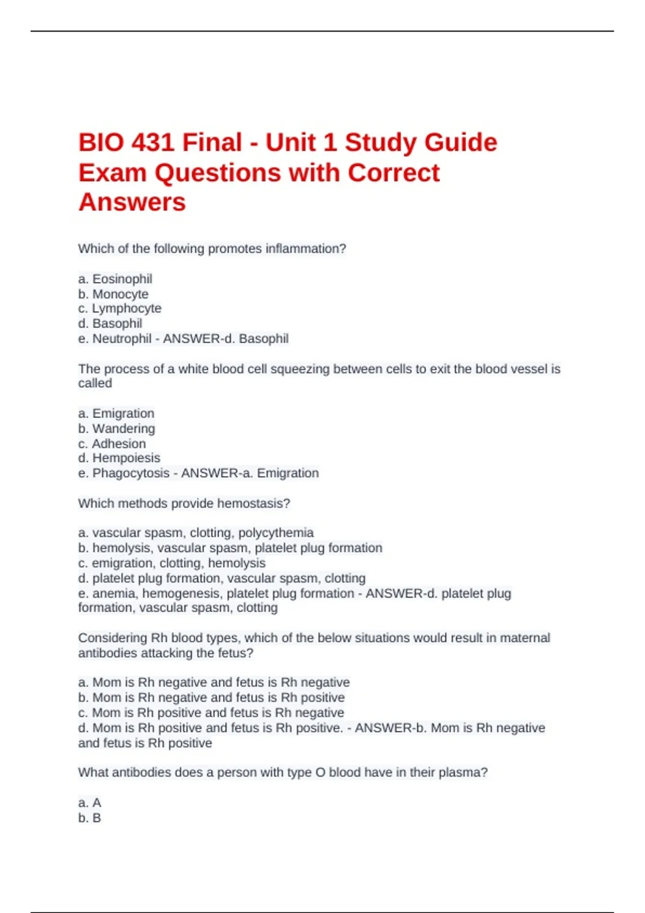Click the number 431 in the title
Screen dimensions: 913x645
pos(153,143)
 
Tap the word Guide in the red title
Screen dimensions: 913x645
pos(461,143)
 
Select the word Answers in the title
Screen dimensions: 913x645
pos(132,202)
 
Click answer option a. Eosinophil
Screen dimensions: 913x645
pos(115,279)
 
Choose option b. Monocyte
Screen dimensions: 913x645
pos(113,294)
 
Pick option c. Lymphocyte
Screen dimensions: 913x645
pos(119,309)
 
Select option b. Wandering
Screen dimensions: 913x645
pos(117,429)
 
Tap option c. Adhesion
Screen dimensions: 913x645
pos(112,444)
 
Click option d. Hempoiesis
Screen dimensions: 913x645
pos(119,458)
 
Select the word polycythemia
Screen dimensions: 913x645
pos(276,533)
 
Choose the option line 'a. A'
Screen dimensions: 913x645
pos(90,803)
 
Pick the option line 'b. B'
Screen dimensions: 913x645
pos(90,818)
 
